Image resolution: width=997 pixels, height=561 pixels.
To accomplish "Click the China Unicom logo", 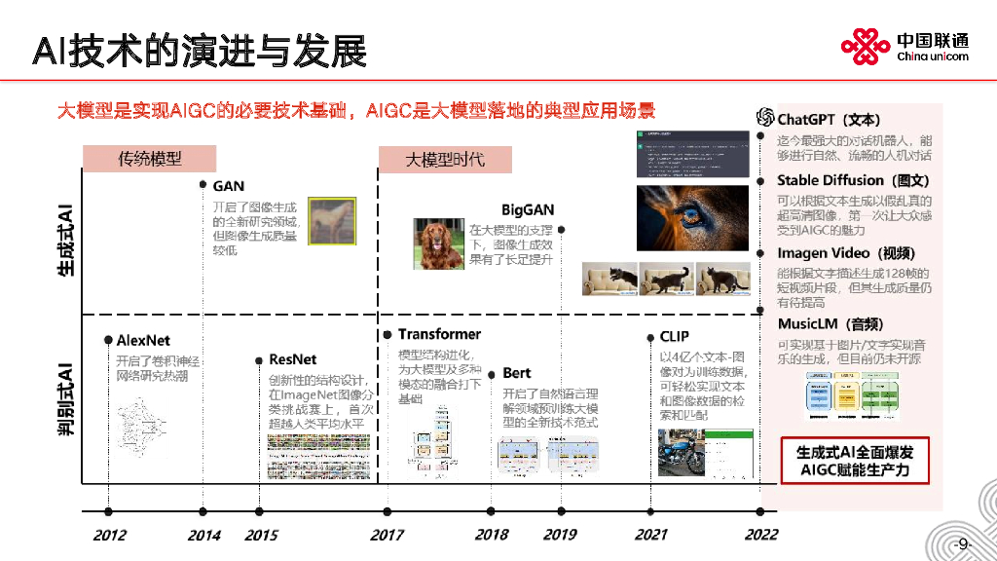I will pyautogui.click(x=905, y=45).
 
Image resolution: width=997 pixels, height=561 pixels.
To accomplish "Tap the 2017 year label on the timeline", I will pyautogui.click(x=387, y=535).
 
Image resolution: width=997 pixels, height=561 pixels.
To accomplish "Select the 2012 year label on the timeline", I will pyautogui.click(x=109, y=535).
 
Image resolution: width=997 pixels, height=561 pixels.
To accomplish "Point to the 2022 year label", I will pyautogui.click(x=761, y=535).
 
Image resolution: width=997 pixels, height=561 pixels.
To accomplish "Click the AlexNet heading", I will pyautogui.click(x=143, y=340).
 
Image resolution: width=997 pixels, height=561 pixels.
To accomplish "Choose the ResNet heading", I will pyautogui.click(x=292, y=359).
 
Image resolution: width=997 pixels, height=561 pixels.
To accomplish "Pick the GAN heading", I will pyautogui.click(x=229, y=186).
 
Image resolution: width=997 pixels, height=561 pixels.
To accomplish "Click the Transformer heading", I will pyautogui.click(x=439, y=334).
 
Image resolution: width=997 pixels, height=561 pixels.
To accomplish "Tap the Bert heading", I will pyautogui.click(x=517, y=373).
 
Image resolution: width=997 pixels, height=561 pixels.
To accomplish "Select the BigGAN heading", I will pyautogui.click(x=528, y=209).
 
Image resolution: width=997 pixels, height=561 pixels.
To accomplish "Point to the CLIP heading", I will pyautogui.click(x=675, y=338).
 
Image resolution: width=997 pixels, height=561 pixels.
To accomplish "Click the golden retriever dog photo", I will pyautogui.click(x=438, y=243).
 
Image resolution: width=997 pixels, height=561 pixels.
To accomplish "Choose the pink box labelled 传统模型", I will pyautogui.click(x=150, y=158).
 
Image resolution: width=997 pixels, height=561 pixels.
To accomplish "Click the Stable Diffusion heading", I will pyautogui.click(x=839, y=180).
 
